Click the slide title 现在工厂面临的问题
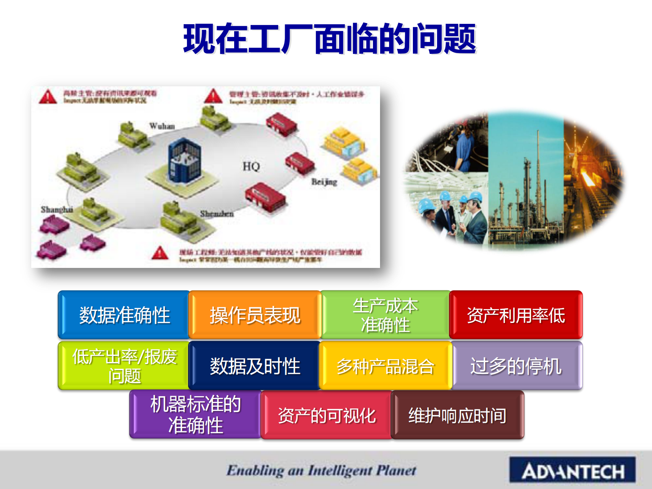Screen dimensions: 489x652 point(329,39)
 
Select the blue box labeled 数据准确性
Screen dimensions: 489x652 point(124,315)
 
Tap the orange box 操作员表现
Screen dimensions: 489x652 point(255,315)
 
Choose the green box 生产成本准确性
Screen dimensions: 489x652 point(385,315)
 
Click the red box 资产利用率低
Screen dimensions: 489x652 point(516,315)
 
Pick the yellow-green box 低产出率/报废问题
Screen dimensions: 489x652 point(124,366)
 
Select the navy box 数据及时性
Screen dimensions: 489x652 point(255,366)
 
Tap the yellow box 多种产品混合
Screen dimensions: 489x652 point(385,366)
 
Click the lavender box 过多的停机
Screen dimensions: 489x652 point(516,366)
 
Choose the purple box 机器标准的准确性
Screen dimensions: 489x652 point(196,415)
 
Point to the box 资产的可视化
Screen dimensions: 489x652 point(327,415)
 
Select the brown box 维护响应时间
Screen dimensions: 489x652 point(457,415)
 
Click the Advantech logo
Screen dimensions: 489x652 point(572,470)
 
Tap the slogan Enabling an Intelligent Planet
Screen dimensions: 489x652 point(321,470)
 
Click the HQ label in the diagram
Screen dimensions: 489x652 point(251,166)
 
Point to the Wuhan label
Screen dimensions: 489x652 point(162,126)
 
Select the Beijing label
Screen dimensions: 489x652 point(324,182)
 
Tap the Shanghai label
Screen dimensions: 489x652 point(57,210)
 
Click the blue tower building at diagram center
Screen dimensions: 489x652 point(184,160)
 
